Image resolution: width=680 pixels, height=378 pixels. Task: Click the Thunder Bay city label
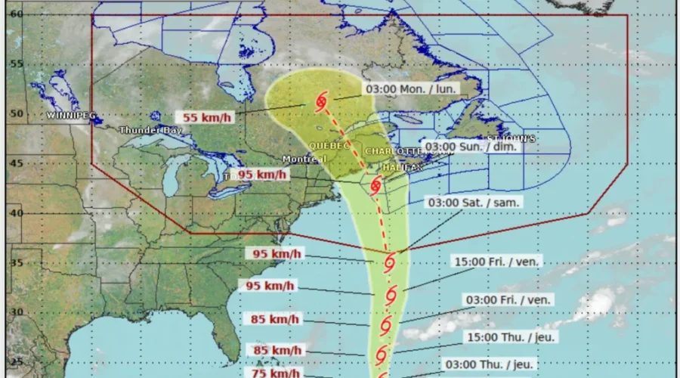point(150,130)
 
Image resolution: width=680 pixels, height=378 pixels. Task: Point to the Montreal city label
point(304,159)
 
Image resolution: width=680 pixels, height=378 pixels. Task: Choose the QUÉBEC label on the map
point(330,145)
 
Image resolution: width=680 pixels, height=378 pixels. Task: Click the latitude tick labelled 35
point(16,263)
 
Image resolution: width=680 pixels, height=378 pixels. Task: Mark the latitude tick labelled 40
point(16,213)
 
